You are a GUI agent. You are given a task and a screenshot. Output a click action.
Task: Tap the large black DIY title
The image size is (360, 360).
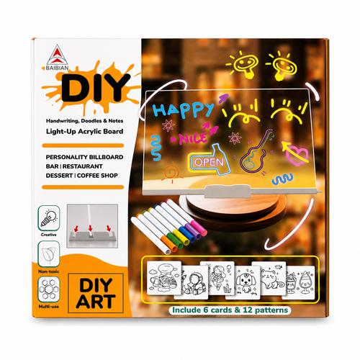(x=96, y=88)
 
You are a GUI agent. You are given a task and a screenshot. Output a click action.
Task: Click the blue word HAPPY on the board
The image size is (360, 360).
(x=183, y=109)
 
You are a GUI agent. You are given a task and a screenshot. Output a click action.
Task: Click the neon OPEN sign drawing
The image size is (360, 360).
(x=210, y=161)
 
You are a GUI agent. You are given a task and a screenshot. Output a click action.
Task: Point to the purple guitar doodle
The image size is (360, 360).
(x=257, y=151)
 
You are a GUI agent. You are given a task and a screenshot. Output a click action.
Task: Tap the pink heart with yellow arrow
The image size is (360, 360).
(x=296, y=153)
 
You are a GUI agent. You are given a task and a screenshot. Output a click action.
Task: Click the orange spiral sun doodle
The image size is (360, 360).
(x=171, y=171)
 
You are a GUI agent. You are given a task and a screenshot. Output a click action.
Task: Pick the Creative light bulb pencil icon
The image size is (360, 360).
(x=49, y=218)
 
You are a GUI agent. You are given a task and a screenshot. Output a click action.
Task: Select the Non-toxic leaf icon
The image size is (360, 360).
(x=49, y=254)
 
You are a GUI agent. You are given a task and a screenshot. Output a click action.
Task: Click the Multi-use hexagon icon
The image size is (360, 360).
(x=49, y=289)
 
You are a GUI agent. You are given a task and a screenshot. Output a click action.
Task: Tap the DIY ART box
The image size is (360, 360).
(x=96, y=293)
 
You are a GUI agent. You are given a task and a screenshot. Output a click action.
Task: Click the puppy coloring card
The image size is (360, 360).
(x=243, y=282)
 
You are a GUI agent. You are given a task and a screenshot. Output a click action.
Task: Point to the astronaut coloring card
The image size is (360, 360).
(x=192, y=282)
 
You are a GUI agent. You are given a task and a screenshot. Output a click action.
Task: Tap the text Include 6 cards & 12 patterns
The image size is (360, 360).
(x=230, y=310)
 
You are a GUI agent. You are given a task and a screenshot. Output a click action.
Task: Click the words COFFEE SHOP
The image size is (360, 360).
(x=97, y=176)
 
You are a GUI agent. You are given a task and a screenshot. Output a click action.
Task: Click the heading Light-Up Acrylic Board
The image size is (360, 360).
(x=84, y=132)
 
